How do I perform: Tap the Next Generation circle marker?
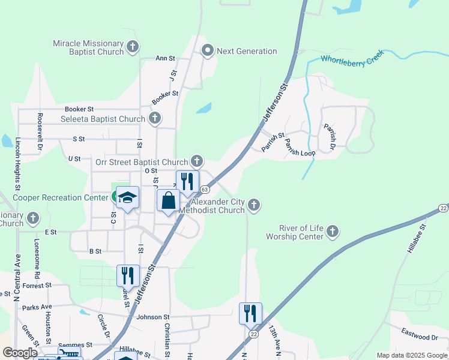click(x=208, y=51)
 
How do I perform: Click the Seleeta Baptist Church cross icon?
click(x=155, y=118)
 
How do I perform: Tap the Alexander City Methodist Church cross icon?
click(x=254, y=206)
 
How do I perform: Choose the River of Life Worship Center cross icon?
click(x=333, y=232)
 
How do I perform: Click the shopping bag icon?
click(x=169, y=201)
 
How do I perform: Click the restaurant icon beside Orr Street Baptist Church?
click(x=187, y=182)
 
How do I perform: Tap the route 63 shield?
click(x=205, y=190)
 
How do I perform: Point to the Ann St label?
click(x=165, y=59)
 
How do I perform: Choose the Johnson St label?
click(x=153, y=317)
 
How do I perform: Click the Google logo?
click(x=20, y=353)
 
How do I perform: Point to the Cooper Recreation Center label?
click(x=60, y=197)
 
